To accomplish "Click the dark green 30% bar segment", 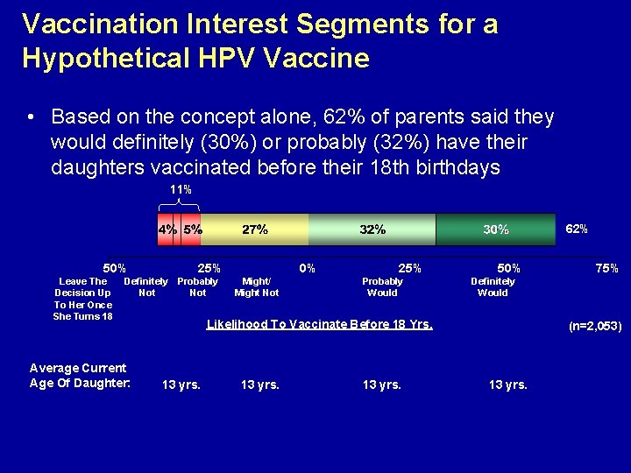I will [496, 229].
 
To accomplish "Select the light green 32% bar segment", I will [372, 229].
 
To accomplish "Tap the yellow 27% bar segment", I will [255, 229].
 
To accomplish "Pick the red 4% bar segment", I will [166, 229].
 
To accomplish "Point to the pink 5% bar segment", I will [192, 229].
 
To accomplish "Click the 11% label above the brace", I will [181, 189].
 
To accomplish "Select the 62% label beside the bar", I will [577, 229].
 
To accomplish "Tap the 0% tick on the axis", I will [307, 268].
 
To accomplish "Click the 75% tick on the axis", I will [607, 268].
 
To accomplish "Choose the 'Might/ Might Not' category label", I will [257, 287].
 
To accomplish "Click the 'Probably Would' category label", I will [383, 287].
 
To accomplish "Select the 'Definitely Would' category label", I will [493, 287].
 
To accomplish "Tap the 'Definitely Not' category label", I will [146, 287].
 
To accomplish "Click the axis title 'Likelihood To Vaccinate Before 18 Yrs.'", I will [319, 325].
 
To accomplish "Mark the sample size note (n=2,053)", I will [595, 326].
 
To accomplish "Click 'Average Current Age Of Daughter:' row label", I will [79, 375].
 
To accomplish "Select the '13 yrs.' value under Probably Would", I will [382, 385].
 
